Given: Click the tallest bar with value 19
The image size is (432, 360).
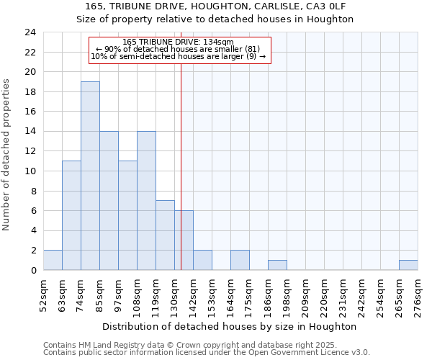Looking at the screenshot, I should [x=90, y=176].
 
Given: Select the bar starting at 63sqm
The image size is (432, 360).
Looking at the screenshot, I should [x=71, y=215].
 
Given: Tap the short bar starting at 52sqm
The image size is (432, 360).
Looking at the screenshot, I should [x=53, y=260].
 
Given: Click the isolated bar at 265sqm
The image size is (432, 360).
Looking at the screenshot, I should [x=408, y=265].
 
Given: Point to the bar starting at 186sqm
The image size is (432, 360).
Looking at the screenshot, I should [x=277, y=265].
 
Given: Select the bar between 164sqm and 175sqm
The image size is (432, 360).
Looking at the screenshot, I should [x=240, y=260].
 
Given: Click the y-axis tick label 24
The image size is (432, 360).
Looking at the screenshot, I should [x=30, y=32].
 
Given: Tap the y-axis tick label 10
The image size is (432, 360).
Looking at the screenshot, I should [x=30, y=171].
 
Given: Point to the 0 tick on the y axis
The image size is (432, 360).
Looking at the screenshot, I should [x=32, y=270].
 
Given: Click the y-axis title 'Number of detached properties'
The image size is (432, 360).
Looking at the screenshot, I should [x=6, y=156].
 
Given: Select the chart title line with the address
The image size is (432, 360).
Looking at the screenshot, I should [x=215, y=6].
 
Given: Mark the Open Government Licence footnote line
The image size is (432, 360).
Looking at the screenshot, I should [x=207, y=353].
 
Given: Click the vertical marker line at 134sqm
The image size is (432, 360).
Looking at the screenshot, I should [x=181, y=144].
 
